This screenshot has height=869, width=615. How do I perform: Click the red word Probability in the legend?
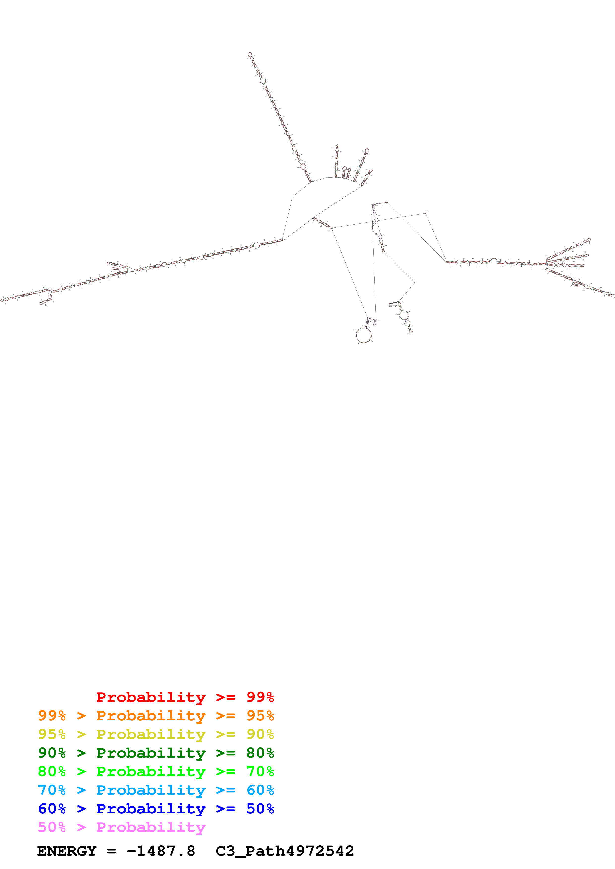click(151, 697)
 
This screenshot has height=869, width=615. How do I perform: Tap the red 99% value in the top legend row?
click(260, 697)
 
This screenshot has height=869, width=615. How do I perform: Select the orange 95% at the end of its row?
click(260, 716)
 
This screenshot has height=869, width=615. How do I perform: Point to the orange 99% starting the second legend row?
click(52, 716)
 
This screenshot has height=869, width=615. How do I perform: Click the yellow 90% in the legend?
click(260, 734)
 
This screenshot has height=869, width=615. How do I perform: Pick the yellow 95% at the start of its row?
click(52, 734)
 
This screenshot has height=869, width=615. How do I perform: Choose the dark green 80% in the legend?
click(260, 753)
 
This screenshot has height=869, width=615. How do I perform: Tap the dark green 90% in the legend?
click(52, 753)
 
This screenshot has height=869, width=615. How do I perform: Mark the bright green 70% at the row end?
click(260, 771)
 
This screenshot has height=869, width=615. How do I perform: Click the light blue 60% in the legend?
click(260, 790)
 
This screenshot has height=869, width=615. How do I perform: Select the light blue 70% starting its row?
click(52, 790)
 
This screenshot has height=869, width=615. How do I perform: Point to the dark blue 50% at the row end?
click(260, 809)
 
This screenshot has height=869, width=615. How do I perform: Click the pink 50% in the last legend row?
click(52, 827)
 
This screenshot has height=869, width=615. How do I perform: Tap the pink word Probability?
click(151, 827)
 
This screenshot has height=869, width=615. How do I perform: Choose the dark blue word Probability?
click(151, 809)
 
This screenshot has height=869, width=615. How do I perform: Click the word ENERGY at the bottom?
click(67, 851)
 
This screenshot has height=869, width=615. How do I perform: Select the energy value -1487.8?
click(161, 851)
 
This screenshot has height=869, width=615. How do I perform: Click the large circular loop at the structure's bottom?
click(364, 335)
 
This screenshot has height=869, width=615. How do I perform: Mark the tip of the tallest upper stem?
click(249, 54)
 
